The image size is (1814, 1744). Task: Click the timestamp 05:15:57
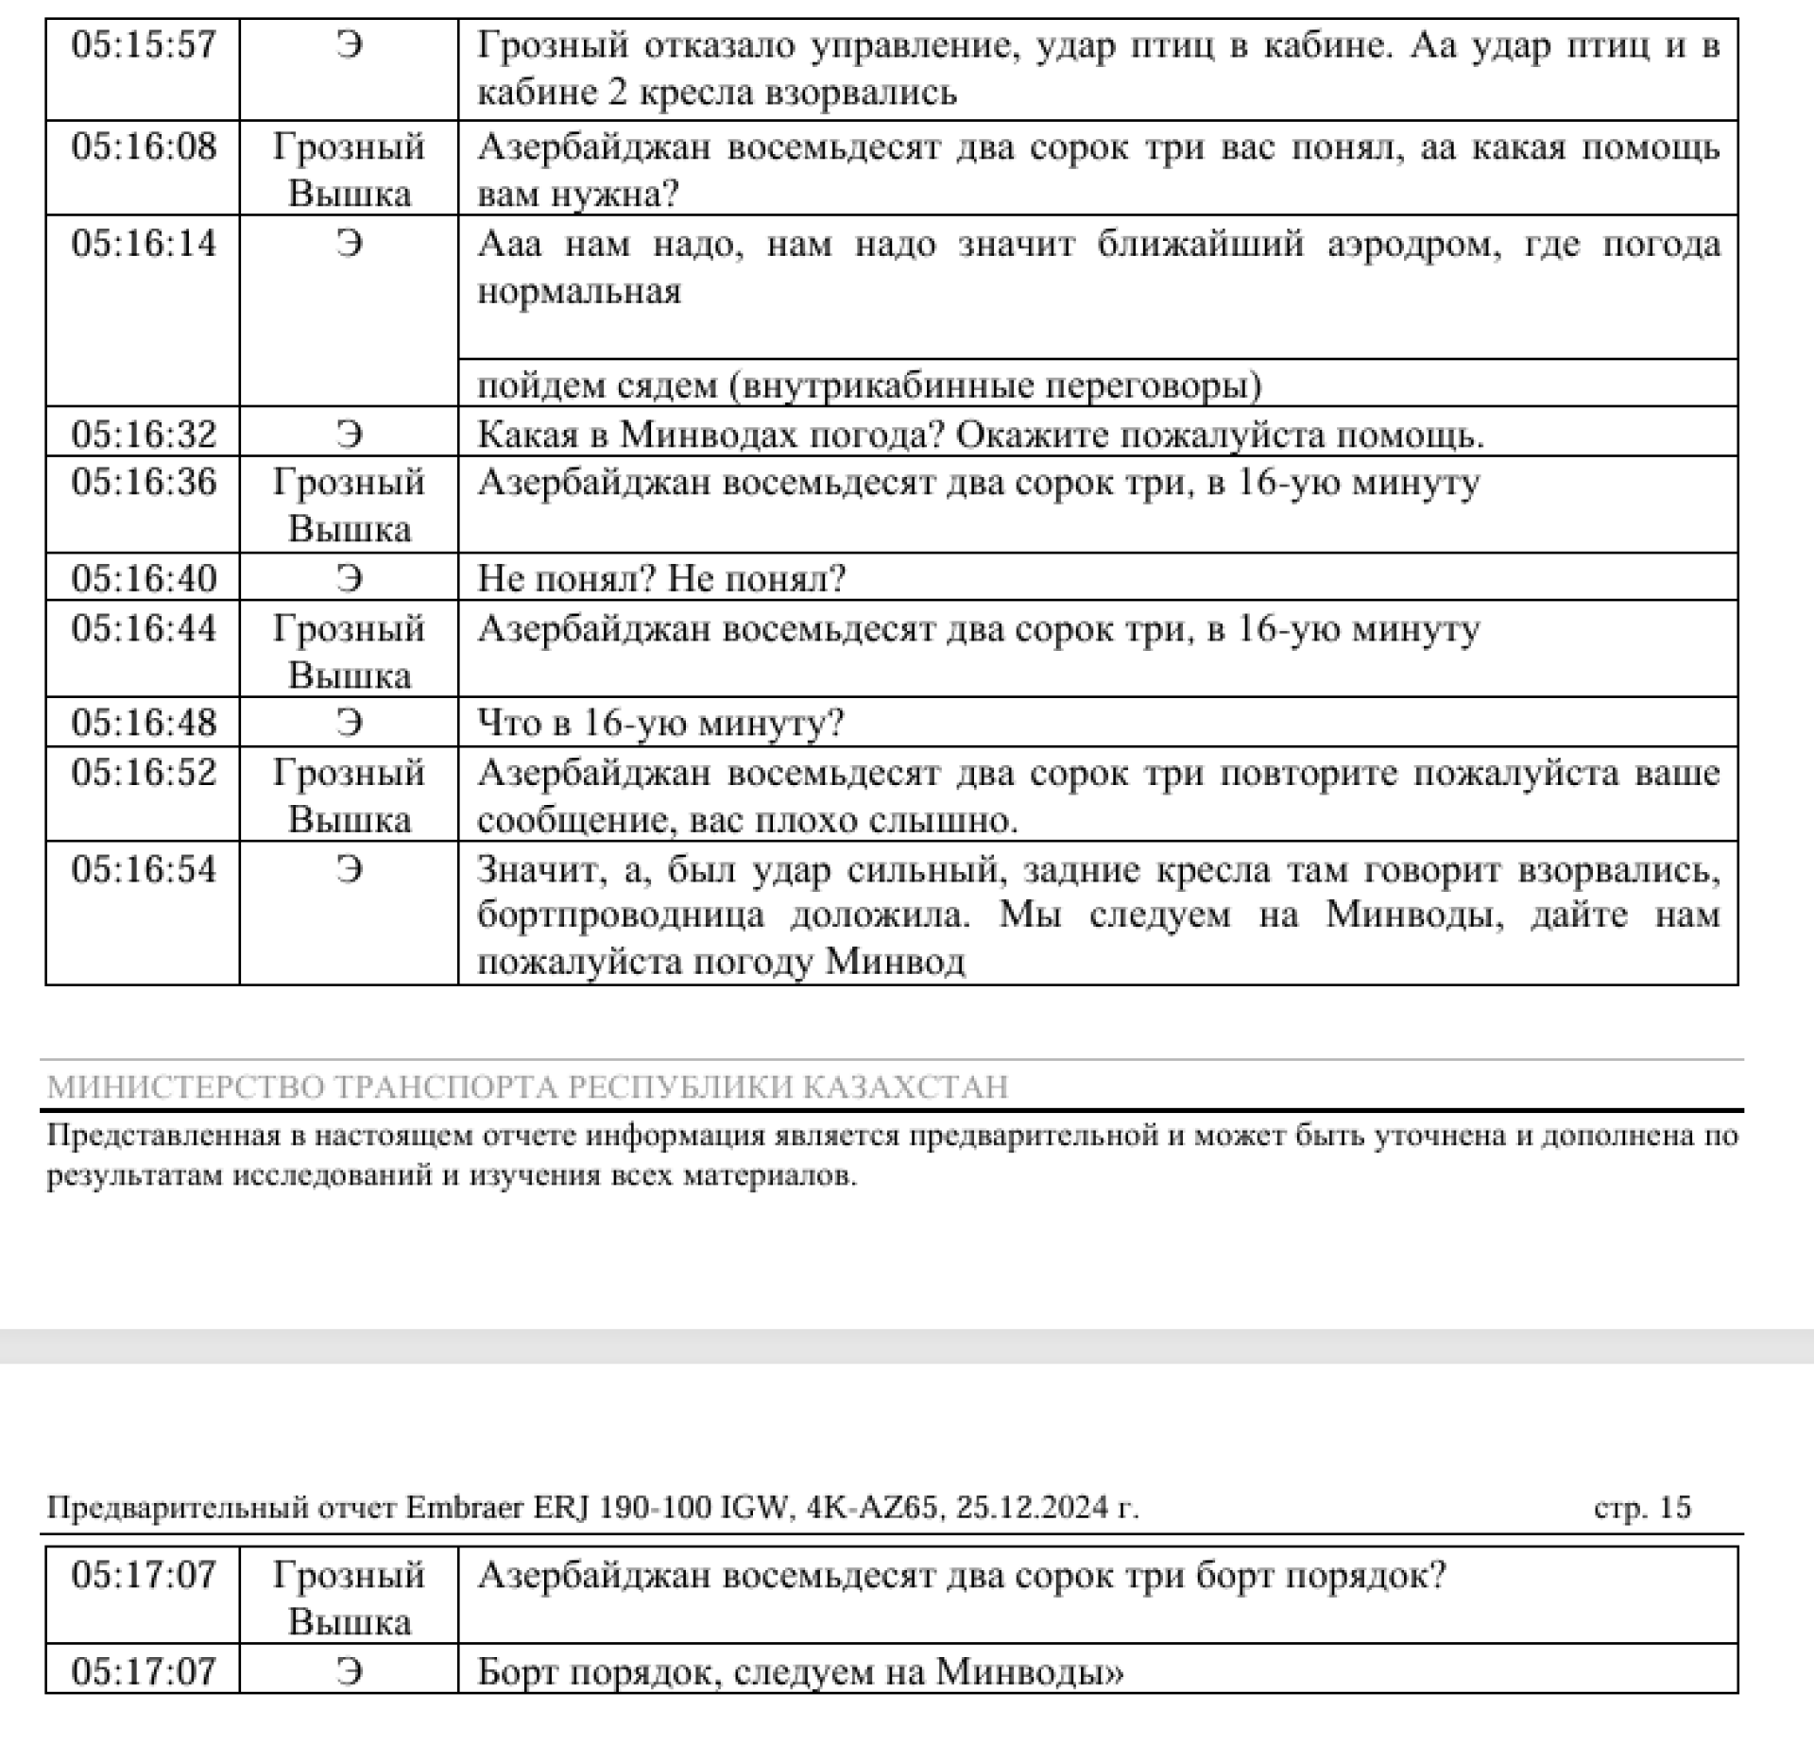(144, 45)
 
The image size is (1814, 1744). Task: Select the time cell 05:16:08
(144, 146)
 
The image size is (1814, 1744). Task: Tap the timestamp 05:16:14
(144, 244)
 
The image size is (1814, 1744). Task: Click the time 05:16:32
(144, 435)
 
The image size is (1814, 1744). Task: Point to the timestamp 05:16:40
(144, 578)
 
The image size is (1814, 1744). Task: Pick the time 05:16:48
(144, 723)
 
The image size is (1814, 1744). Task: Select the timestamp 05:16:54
(144, 869)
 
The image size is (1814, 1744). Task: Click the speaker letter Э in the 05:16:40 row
(349, 578)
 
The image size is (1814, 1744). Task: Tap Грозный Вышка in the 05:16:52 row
(349, 795)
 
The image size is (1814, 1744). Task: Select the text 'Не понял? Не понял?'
(661, 578)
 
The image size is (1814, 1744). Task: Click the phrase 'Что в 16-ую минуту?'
(660, 723)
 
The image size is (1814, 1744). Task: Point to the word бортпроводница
(621, 915)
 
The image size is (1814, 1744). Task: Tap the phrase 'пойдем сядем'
(597, 385)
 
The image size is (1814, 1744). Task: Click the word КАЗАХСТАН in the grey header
(905, 1087)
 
